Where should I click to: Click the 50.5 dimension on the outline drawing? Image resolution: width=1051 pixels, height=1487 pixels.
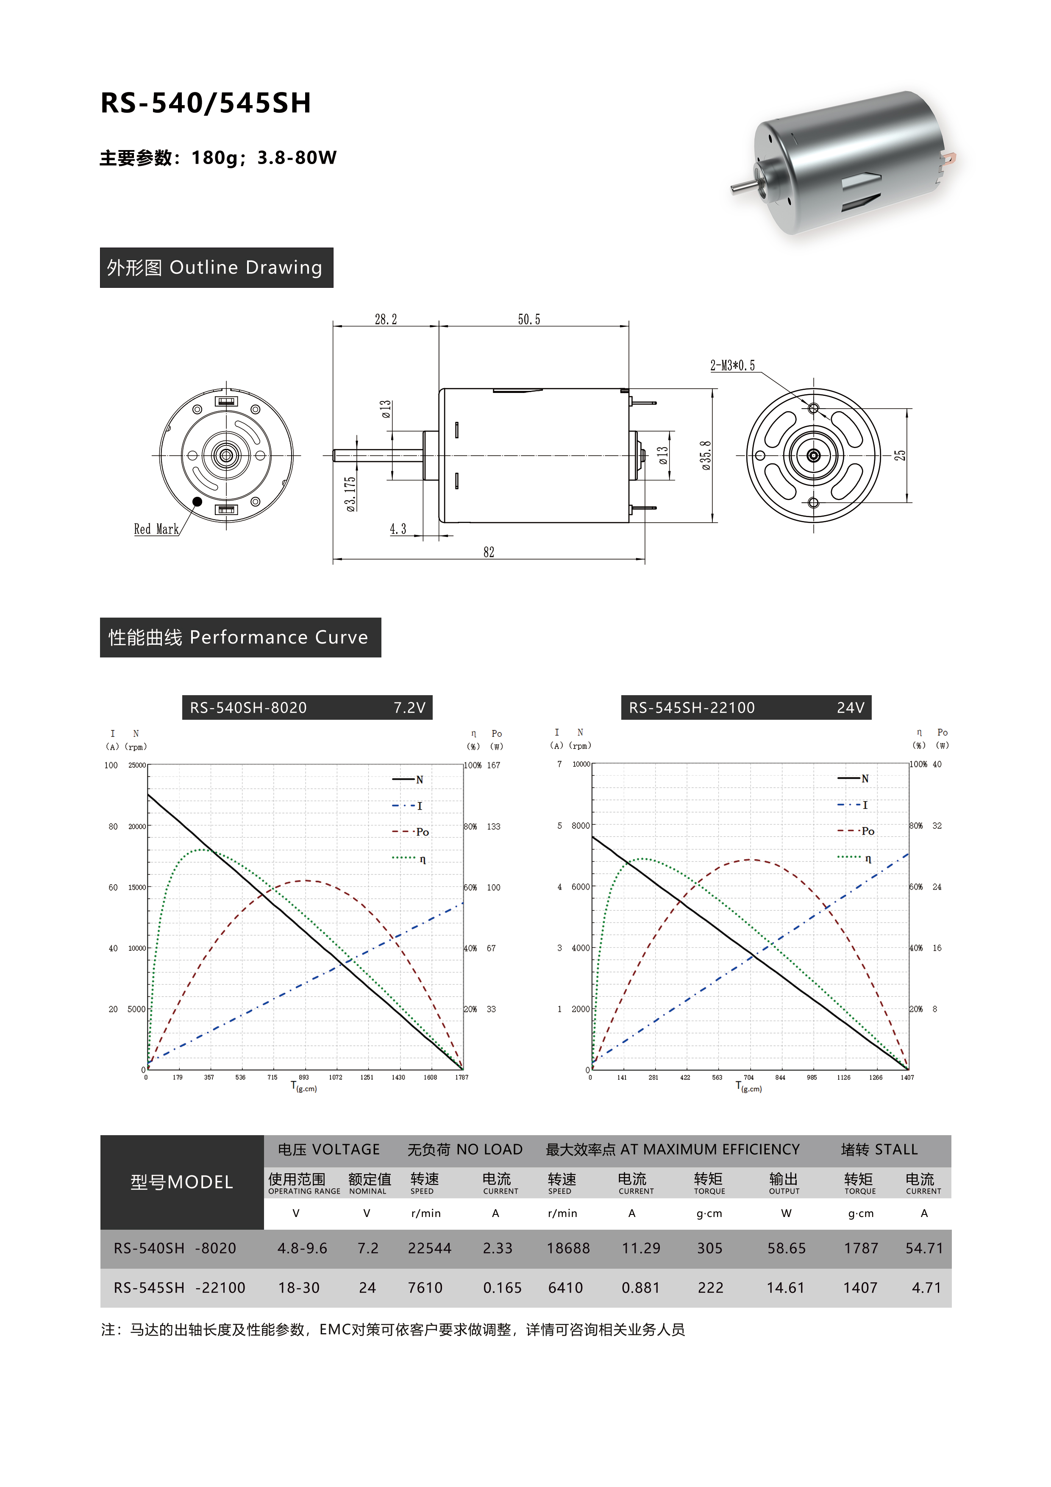529,319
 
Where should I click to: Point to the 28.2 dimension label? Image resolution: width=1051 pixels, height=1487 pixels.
386,319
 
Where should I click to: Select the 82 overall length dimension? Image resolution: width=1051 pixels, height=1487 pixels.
489,552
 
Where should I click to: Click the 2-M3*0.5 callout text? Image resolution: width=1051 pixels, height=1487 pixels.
732,365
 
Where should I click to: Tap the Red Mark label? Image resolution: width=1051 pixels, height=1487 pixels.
156,529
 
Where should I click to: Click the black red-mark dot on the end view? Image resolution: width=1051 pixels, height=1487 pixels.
197,501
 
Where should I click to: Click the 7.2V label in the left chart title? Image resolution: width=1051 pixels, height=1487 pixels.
409,708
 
